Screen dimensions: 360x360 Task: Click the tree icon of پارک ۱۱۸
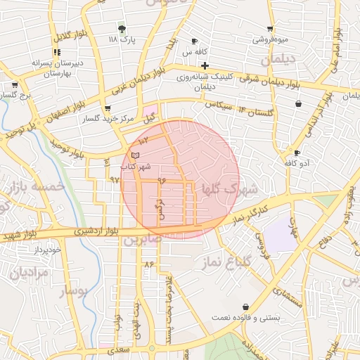pyautogui.click(x=122, y=29)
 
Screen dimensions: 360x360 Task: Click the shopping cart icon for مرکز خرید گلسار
pyautogui.click(x=107, y=108)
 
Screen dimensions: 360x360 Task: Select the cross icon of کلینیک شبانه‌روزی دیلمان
pyautogui.click(x=205, y=65)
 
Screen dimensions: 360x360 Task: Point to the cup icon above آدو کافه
pyautogui.click(x=297, y=153)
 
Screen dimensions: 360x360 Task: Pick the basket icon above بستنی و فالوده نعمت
pyautogui.click(x=245, y=307)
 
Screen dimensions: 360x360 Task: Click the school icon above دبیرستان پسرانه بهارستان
pyautogui.click(x=56, y=52)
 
